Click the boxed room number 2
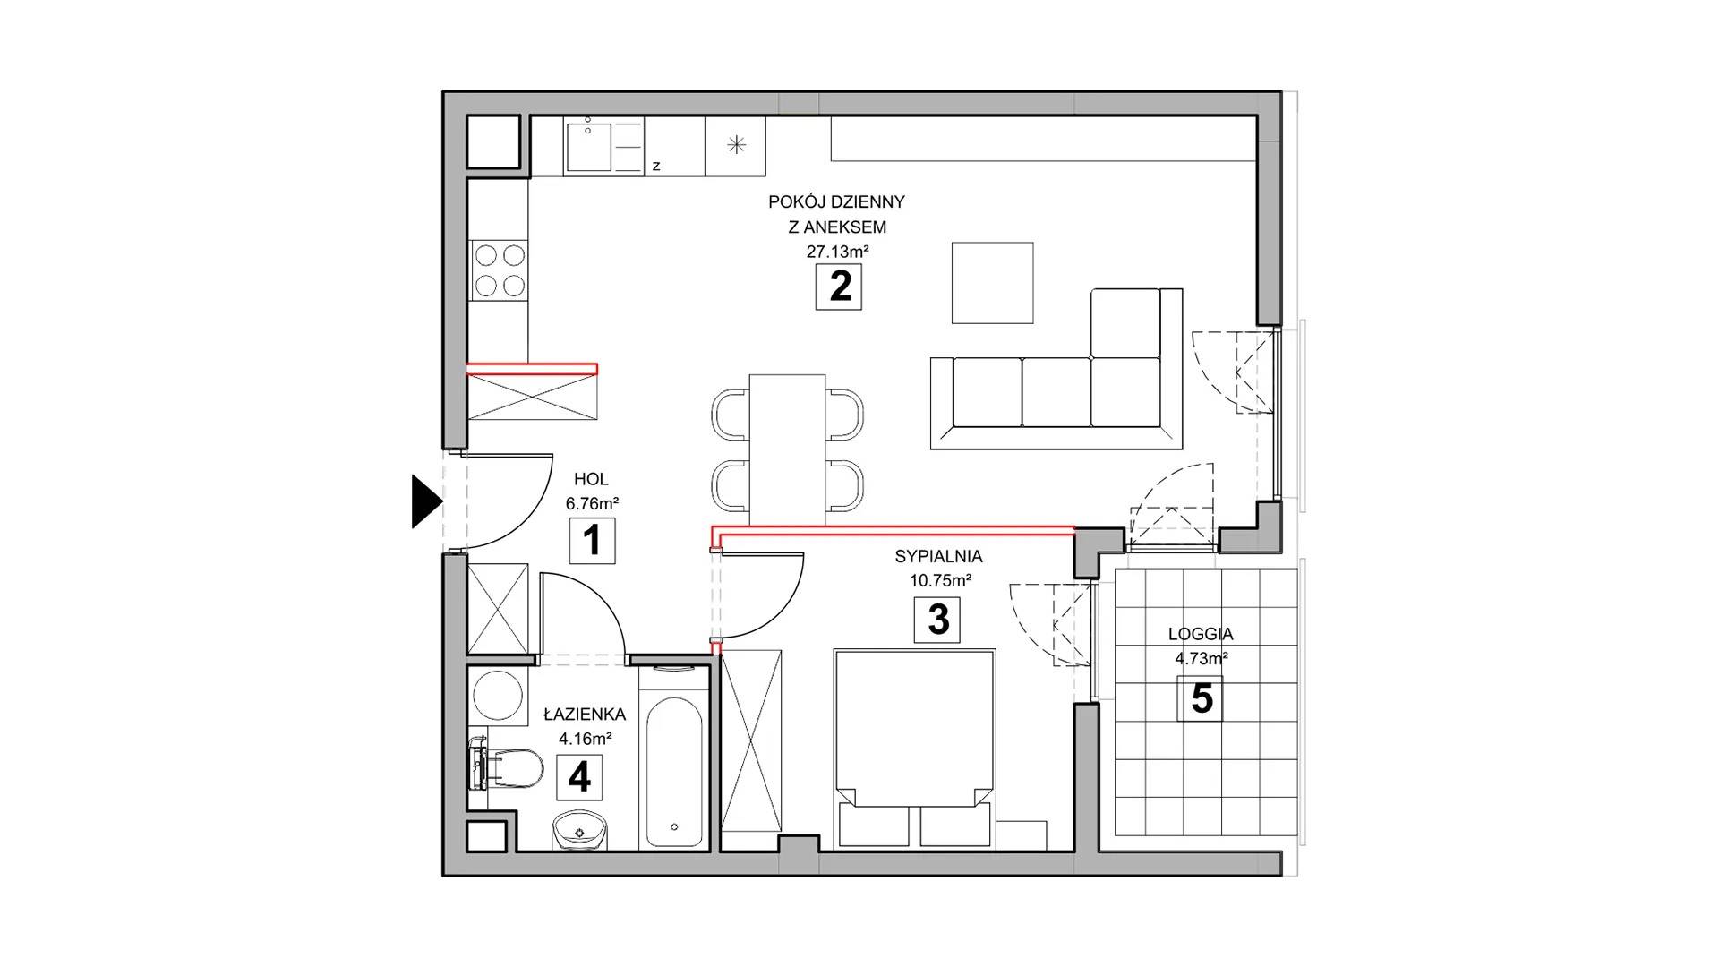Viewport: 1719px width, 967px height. coord(838,287)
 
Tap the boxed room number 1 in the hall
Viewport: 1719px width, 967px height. coord(592,540)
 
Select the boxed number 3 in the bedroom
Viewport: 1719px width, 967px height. coord(936,620)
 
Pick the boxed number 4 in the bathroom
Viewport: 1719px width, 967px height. coord(579,777)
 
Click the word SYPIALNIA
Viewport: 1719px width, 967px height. coord(939,557)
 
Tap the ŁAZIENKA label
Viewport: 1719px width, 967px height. coord(585,715)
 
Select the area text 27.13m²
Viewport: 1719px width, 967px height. coord(837,252)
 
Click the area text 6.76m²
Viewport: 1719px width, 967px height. coord(592,503)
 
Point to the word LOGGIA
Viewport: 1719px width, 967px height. coord(1201,634)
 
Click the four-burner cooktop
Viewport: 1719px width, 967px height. coord(500,270)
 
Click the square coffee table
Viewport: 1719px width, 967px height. coord(992,283)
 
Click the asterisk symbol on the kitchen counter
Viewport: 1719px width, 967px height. coord(736,144)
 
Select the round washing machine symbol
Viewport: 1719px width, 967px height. coord(497,695)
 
